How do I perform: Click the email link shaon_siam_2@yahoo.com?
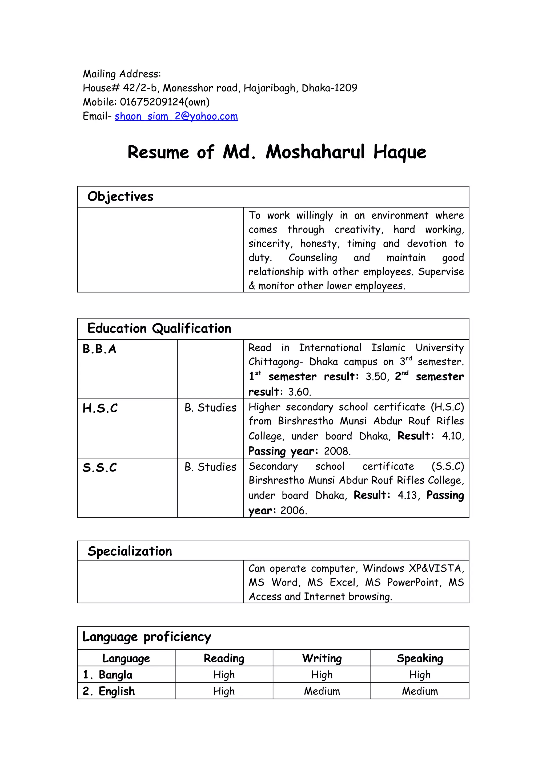point(176,116)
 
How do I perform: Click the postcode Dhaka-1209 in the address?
point(329,88)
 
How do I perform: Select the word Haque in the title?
point(399,152)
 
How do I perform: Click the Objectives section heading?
point(120,197)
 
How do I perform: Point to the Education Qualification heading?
point(159,328)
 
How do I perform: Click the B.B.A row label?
point(99,349)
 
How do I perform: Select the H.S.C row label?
point(100,408)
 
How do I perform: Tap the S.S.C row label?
point(100,467)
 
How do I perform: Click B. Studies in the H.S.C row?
point(210,408)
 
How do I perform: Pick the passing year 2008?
point(337,451)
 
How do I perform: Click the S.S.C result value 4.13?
point(407,495)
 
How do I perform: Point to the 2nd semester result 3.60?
point(299,392)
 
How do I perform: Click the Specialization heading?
point(130,551)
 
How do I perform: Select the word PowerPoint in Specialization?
point(414,582)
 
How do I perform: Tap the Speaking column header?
point(420,658)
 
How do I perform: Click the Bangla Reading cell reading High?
point(224,675)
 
